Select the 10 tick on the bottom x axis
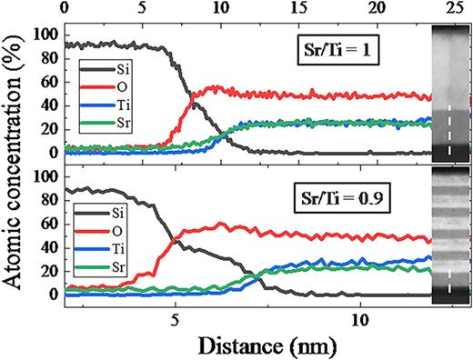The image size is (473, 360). [360, 320]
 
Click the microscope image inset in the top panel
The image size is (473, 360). [450, 92]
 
